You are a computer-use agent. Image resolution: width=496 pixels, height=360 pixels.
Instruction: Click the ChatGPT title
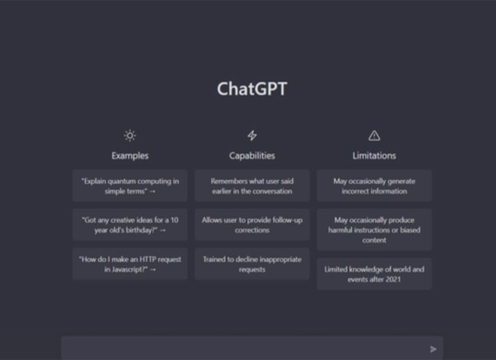point(252,89)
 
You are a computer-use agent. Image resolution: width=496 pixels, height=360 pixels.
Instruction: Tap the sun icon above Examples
point(129,136)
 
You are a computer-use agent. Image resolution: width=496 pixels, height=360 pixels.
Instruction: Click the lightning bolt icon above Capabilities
point(252,136)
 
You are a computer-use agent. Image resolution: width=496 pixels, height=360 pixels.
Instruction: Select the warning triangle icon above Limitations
point(374,136)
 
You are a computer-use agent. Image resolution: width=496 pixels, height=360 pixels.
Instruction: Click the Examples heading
point(130,155)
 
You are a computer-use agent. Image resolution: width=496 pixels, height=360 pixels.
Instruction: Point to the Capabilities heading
point(252,155)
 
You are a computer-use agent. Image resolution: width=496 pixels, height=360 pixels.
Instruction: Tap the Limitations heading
point(374,155)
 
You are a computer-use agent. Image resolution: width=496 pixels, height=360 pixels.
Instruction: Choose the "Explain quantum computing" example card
point(130,186)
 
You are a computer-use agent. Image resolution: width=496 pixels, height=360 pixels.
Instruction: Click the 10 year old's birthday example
point(130,224)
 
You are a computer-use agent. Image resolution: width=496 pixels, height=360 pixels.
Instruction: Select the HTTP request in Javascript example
point(130,264)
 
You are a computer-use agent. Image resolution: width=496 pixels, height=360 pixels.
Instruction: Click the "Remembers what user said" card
point(252,186)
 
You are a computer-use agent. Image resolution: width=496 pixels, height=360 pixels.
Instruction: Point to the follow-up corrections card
point(252,224)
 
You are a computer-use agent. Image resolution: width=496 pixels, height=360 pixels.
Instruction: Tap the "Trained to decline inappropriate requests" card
point(252,264)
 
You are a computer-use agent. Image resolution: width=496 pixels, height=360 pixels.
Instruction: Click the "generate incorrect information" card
point(374,186)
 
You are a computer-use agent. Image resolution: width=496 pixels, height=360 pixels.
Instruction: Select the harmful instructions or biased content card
point(374,230)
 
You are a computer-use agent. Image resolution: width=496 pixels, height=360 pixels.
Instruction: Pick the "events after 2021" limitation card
point(374,274)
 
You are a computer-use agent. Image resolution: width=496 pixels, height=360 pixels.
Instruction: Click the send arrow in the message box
point(433,349)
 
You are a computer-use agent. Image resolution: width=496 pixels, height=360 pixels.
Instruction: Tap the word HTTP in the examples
point(148,260)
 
